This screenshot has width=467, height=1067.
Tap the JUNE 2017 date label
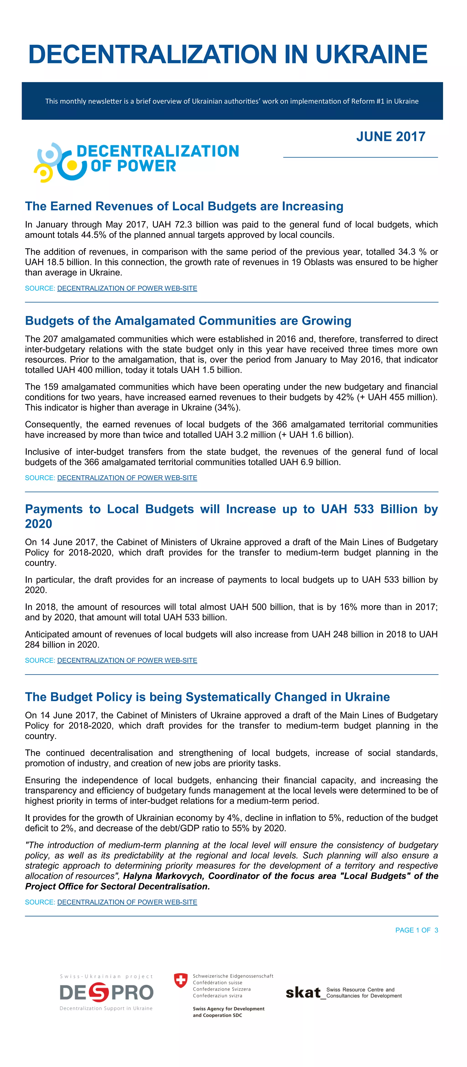pyautogui.click(x=390, y=137)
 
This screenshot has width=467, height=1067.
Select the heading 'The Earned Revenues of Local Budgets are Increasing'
pyautogui.click(x=184, y=206)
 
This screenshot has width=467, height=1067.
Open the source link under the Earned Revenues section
pyautogui.click(x=127, y=288)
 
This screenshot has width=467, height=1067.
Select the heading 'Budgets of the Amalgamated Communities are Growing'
pyautogui.click(x=188, y=321)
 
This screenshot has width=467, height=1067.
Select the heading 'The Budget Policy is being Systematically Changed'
pyautogui.click(x=207, y=697)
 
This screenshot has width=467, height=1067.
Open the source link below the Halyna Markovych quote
pyautogui.click(x=127, y=902)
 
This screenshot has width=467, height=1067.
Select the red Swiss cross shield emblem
pyautogui.click(x=181, y=980)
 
